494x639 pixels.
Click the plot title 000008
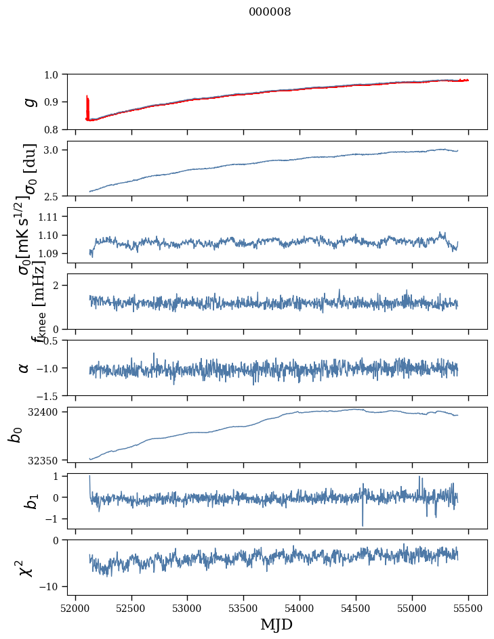tap(270, 12)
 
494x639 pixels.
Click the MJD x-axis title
tap(276, 624)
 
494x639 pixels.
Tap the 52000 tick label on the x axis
tap(75, 609)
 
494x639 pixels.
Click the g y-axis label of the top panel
tap(28, 102)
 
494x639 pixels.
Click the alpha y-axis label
tap(24, 368)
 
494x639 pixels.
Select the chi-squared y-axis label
tap(25, 568)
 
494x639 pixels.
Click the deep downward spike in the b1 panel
tap(363, 524)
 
